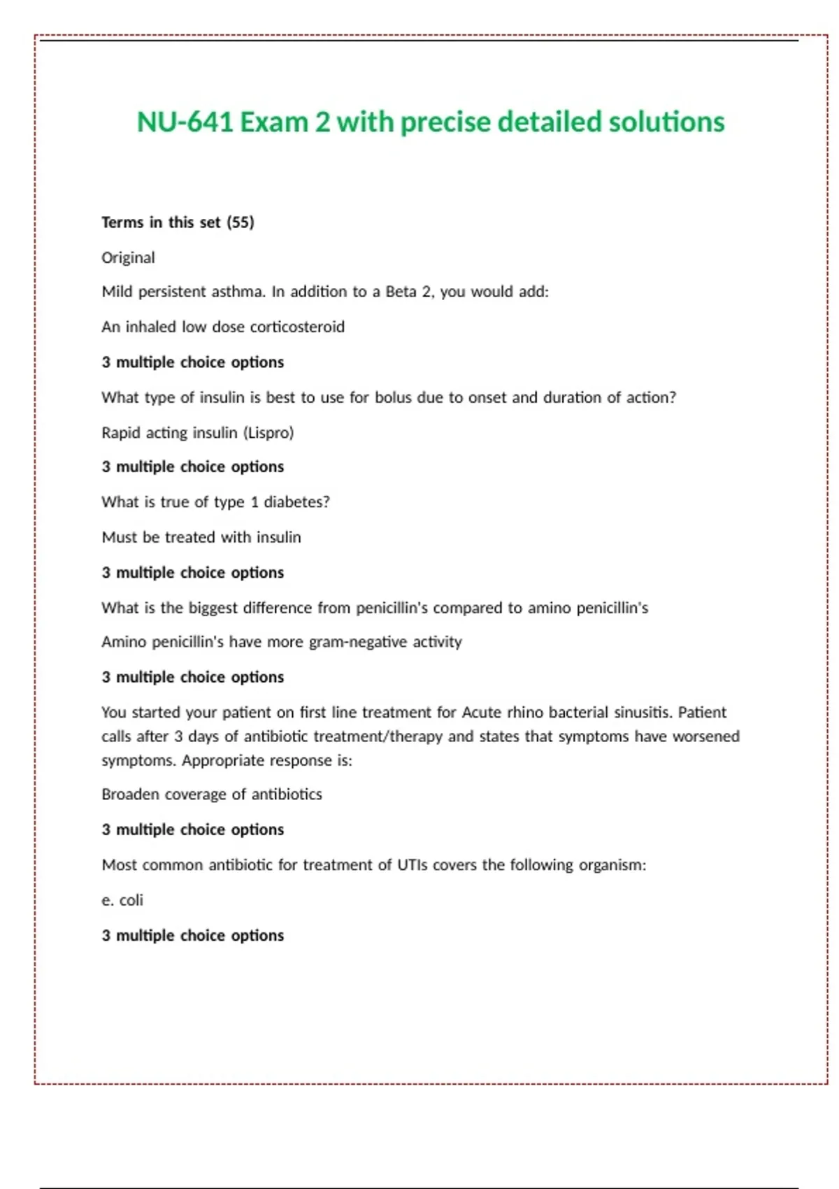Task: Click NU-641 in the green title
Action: coord(185,122)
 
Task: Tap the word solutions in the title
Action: coord(666,122)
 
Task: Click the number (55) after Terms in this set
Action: coord(241,222)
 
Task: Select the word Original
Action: coord(128,257)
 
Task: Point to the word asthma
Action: coord(238,292)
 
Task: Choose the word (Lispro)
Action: coord(268,433)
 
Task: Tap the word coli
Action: coord(131,900)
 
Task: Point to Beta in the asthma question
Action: coord(401,292)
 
